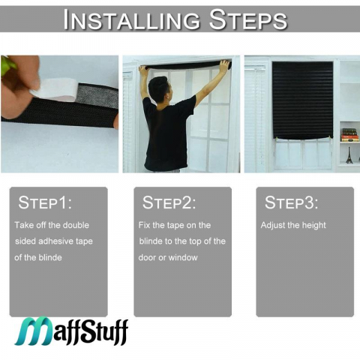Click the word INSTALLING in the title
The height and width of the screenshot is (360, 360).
[132, 19]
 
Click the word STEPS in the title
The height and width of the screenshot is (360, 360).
[248, 19]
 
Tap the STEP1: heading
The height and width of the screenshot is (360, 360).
[45, 202]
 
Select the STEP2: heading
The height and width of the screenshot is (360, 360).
[169, 202]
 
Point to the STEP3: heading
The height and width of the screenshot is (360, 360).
[291, 202]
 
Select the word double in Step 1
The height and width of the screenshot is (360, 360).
[76, 225]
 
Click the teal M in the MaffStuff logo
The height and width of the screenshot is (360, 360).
[33, 331]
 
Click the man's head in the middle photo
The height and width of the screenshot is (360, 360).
[159, 90]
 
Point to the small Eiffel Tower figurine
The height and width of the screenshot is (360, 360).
[349, 155]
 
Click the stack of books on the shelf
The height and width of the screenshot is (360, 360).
[349, 135]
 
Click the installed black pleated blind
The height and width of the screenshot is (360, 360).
[302, 100]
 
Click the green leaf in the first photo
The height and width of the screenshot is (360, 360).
[8, 66]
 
